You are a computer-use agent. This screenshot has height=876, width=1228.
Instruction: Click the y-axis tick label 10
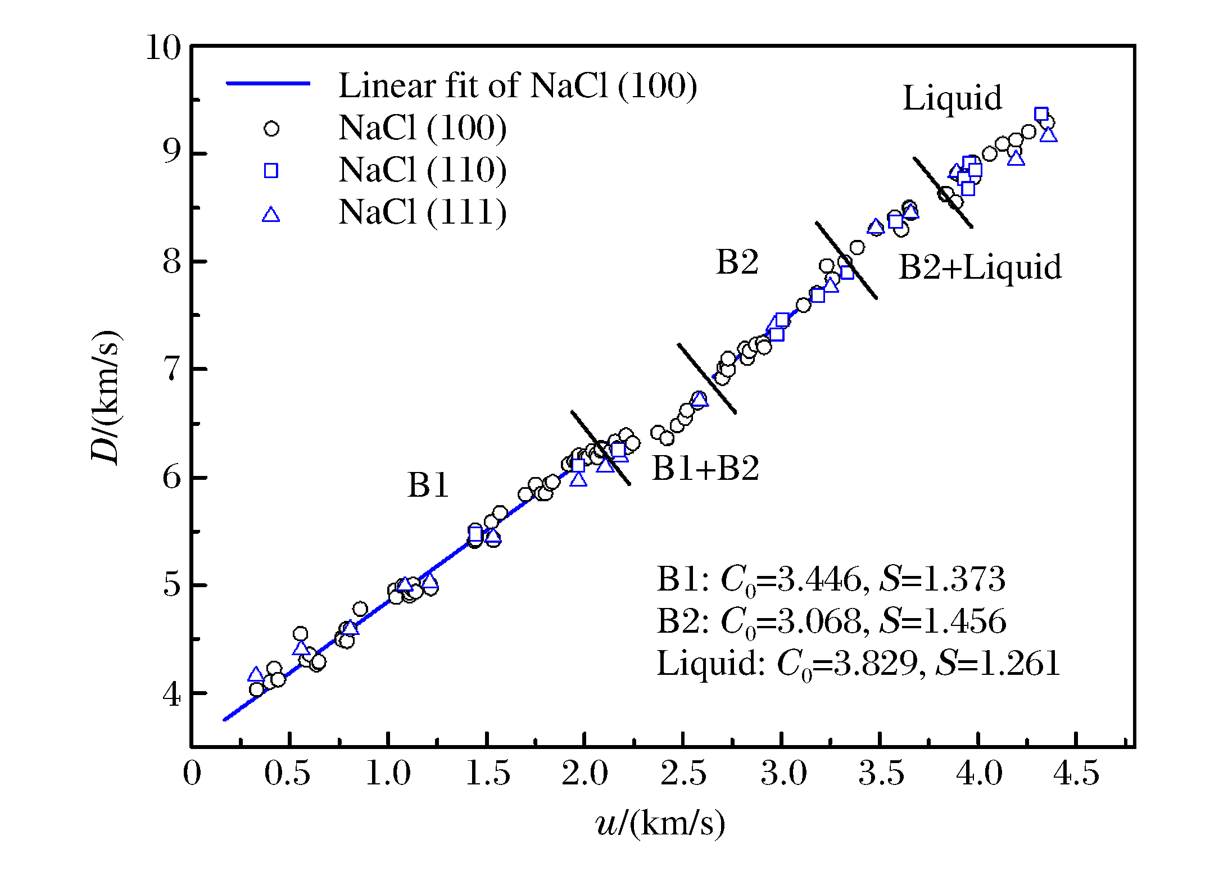[x=163, y=48]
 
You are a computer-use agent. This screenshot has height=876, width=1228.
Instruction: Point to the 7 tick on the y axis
[x=171, y=370]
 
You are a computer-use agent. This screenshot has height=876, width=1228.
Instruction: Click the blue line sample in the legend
[x=268, y=84]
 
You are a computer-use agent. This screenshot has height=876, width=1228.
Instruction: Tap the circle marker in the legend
[x=271, y=129]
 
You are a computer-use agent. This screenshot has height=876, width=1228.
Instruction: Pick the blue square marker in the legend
[x=271, y=171]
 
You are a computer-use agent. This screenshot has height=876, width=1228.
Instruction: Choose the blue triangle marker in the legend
[x=271, y=215]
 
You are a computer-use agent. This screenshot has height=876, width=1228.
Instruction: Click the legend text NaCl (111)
[x=422, y=212]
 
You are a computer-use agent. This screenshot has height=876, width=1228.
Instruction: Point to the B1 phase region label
[x=428, y=485]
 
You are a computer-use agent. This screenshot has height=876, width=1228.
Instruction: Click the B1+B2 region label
[x=705, y=468]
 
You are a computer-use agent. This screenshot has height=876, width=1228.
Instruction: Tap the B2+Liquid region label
[x=980, y=267]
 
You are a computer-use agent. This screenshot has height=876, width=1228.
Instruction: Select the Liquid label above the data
[x=952, y=98]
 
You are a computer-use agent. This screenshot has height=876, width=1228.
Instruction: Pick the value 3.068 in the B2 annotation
[x=819, y=621]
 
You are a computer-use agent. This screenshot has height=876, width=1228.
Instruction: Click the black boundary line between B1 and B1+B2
[x=600, y=447]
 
